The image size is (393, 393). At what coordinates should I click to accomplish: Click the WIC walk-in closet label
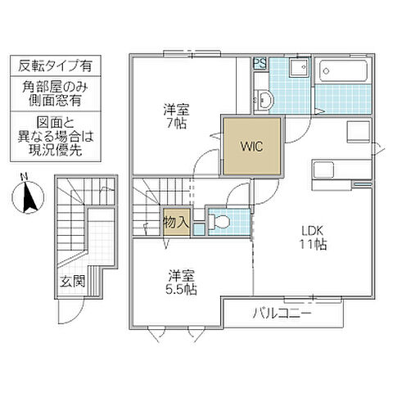point(251,148)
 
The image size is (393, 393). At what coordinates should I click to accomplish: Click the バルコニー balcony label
point(280,312)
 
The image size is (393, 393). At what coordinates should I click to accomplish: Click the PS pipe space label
point(258,63)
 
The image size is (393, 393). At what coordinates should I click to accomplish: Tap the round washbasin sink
point(264,101)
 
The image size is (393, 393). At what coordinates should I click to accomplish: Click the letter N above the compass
point(26,176)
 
